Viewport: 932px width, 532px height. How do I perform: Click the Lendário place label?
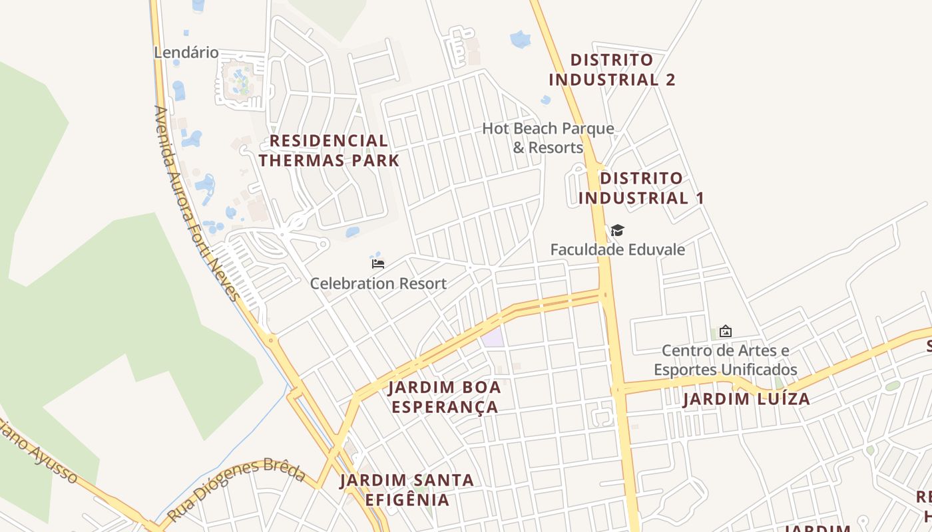(186, 53)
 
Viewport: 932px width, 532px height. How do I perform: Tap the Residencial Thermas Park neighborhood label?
(329, 151)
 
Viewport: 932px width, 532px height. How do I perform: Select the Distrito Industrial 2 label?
(612, 70)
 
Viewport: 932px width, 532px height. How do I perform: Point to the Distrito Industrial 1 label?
(641, 188)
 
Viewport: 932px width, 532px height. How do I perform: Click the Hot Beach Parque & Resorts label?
(548, 138)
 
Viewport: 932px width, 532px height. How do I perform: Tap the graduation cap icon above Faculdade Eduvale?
(618, 231)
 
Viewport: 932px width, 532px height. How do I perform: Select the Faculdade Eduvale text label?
(617, 249)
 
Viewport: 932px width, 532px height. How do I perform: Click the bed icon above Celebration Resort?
(378, 264)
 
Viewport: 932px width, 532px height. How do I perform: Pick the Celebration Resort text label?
(378, 283)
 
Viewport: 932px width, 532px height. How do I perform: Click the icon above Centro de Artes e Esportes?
(726, 331)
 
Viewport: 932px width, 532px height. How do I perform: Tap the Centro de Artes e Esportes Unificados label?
(725, 360)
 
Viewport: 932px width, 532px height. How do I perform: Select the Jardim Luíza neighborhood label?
(746, 399)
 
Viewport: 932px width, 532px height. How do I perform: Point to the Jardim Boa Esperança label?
(445, 397)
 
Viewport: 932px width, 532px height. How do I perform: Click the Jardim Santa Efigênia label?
(407, 489)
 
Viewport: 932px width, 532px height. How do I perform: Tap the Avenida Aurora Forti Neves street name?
(196, 203)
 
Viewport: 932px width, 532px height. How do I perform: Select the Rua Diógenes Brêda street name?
(236, 489)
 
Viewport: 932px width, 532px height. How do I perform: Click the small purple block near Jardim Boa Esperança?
(493, 338)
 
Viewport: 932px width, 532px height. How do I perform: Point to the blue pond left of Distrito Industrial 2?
(520, 39)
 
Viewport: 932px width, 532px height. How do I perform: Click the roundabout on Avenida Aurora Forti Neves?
(271, 340)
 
